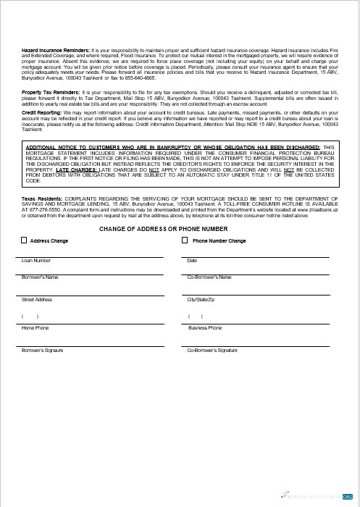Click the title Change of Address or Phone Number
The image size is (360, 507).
click(179, 229)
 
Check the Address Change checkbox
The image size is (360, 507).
click(24, 240)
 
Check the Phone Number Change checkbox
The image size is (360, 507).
click(185, 240)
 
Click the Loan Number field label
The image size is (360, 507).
click(36, 260)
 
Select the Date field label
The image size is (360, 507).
click(192, 260)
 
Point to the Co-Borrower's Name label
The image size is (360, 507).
click(209, 277)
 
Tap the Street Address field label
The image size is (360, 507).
click(37, 299)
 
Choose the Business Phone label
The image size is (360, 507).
click(205, 328)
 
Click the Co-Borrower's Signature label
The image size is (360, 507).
click(212, 350)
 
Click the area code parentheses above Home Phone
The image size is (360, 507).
click(30, 317)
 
